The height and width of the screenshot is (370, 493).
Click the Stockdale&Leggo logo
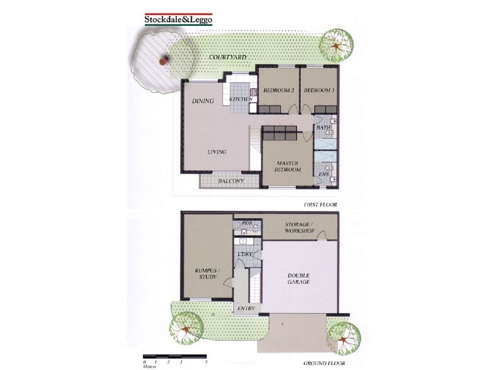point(178,18)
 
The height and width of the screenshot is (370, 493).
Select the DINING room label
point(203,101)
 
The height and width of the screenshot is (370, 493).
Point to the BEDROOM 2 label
point(279,91)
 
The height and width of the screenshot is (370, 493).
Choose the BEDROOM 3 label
point(319,91)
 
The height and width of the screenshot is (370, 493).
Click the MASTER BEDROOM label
point(288,166)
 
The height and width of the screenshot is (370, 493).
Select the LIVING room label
point(217,152)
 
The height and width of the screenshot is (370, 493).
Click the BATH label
point(324,128)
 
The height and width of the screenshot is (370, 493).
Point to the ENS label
point(324,175)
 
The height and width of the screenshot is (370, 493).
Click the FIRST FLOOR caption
point(320,204)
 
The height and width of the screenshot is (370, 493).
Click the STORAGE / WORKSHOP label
point(299,227)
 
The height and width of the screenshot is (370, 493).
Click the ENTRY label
point(246,308)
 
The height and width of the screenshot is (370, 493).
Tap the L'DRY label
point(243,254)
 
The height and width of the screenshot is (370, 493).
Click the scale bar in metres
point(175,356)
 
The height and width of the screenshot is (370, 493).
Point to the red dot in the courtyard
point(163,61)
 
